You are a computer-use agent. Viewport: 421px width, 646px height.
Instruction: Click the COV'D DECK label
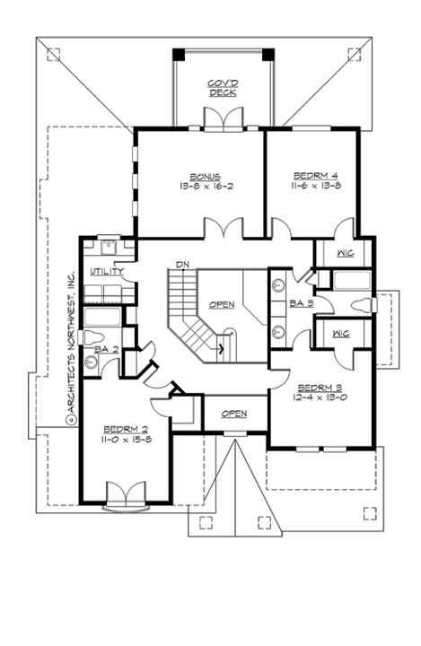pyautogui.click(x=221, y=87)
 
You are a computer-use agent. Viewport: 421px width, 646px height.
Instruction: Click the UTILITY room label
pyautogui.click(x=106, y=272)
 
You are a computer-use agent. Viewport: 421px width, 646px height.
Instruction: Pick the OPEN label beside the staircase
pyautogui.click(x=222, y=304)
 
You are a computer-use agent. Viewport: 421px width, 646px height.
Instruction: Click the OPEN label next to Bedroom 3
pyautogui.click(x=233, y=413)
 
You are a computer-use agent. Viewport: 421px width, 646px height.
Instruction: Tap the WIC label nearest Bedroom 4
pyautogui.click(x=345, y=254)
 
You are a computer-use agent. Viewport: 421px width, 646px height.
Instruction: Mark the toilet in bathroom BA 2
pyautogui.click(x=92, y=362)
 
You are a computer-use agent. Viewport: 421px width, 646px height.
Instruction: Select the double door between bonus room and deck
pyautogui.click(x=221, y=119)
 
